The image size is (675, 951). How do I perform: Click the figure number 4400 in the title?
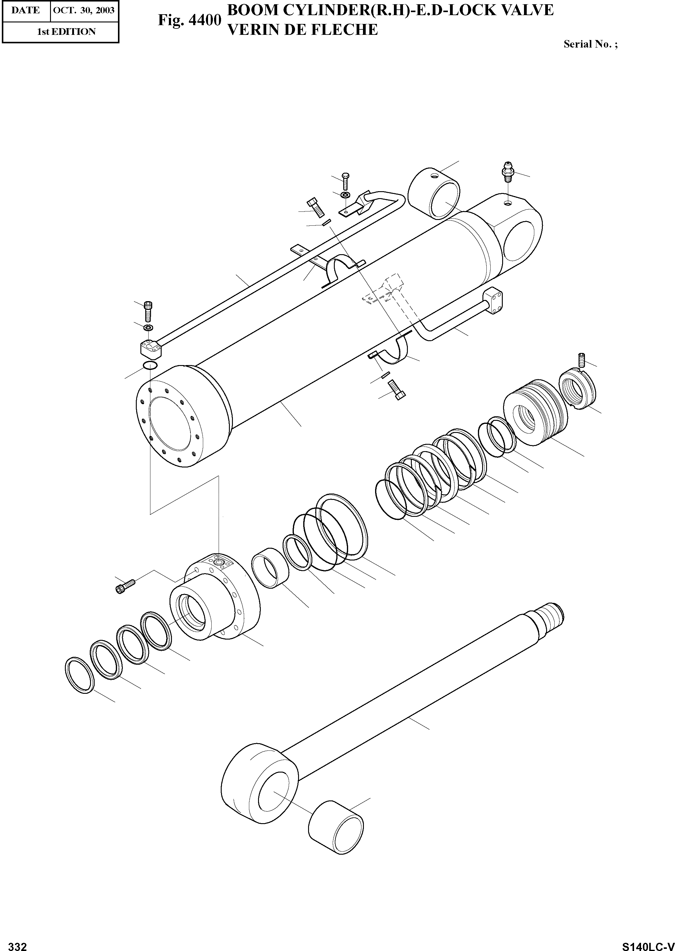[x=189, y=20]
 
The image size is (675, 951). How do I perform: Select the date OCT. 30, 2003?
[x=84, y=10]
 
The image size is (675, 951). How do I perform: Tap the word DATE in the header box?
[x=25, y=10]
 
